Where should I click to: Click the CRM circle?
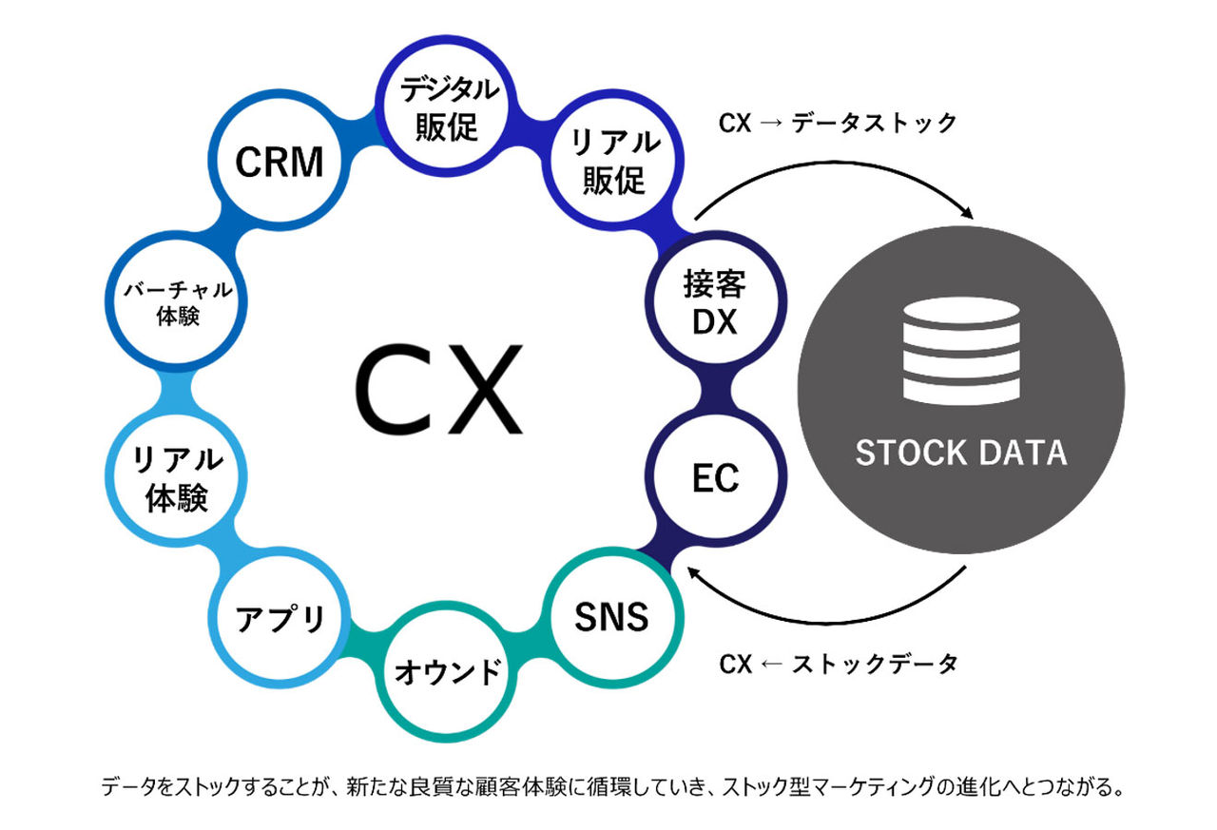click(x=279, y=162)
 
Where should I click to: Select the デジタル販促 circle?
click(x=448, y=107)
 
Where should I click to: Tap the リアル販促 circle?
click(x=613, y=161)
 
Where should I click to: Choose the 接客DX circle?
click(x=715, y=302)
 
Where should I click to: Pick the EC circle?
click(x=715, y=478)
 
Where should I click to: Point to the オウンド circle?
click(x=447, y=672)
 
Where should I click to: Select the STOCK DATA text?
click(x=960, y=453)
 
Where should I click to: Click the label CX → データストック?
click(x=838, y=123)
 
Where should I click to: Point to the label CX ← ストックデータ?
click(x=838, y=664)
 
